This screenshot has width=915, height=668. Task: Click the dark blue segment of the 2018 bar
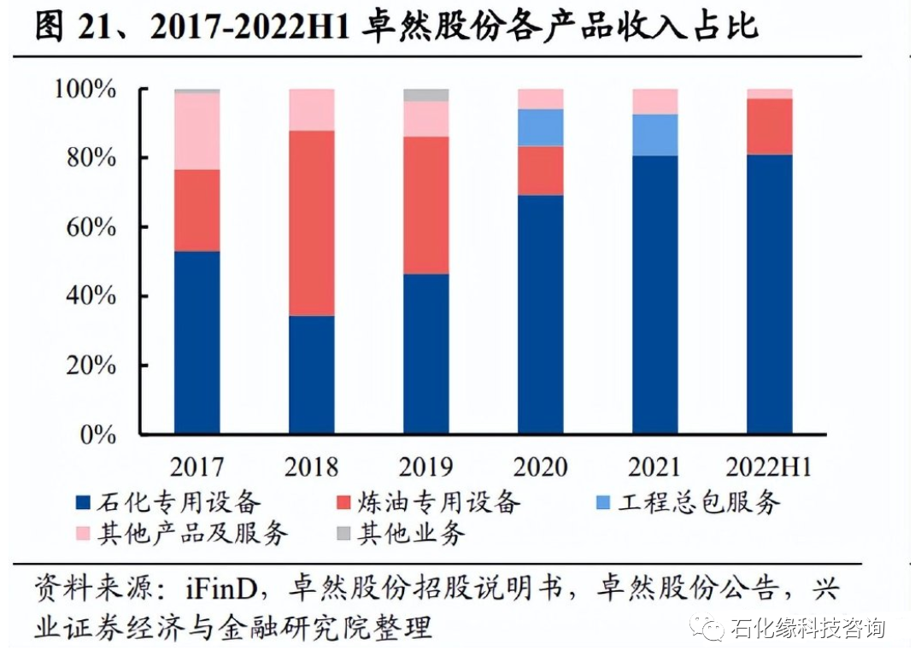pos(311,374)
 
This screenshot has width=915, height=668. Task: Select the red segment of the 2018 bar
pos(311,223)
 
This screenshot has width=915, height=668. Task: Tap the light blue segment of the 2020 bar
pos(540,127)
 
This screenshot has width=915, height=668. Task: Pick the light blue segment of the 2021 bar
pos(654,135)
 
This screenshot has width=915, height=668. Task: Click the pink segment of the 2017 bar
pos(196,131)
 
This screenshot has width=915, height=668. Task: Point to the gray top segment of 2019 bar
pos(425,95)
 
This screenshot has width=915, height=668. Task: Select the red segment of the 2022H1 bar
pos(769,126)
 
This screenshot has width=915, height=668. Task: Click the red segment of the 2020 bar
pos(540,171)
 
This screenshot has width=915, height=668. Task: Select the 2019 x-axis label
pos(425,467)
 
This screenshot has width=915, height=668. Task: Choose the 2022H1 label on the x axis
pos(768,467)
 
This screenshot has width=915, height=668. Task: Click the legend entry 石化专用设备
pos(180,501)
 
